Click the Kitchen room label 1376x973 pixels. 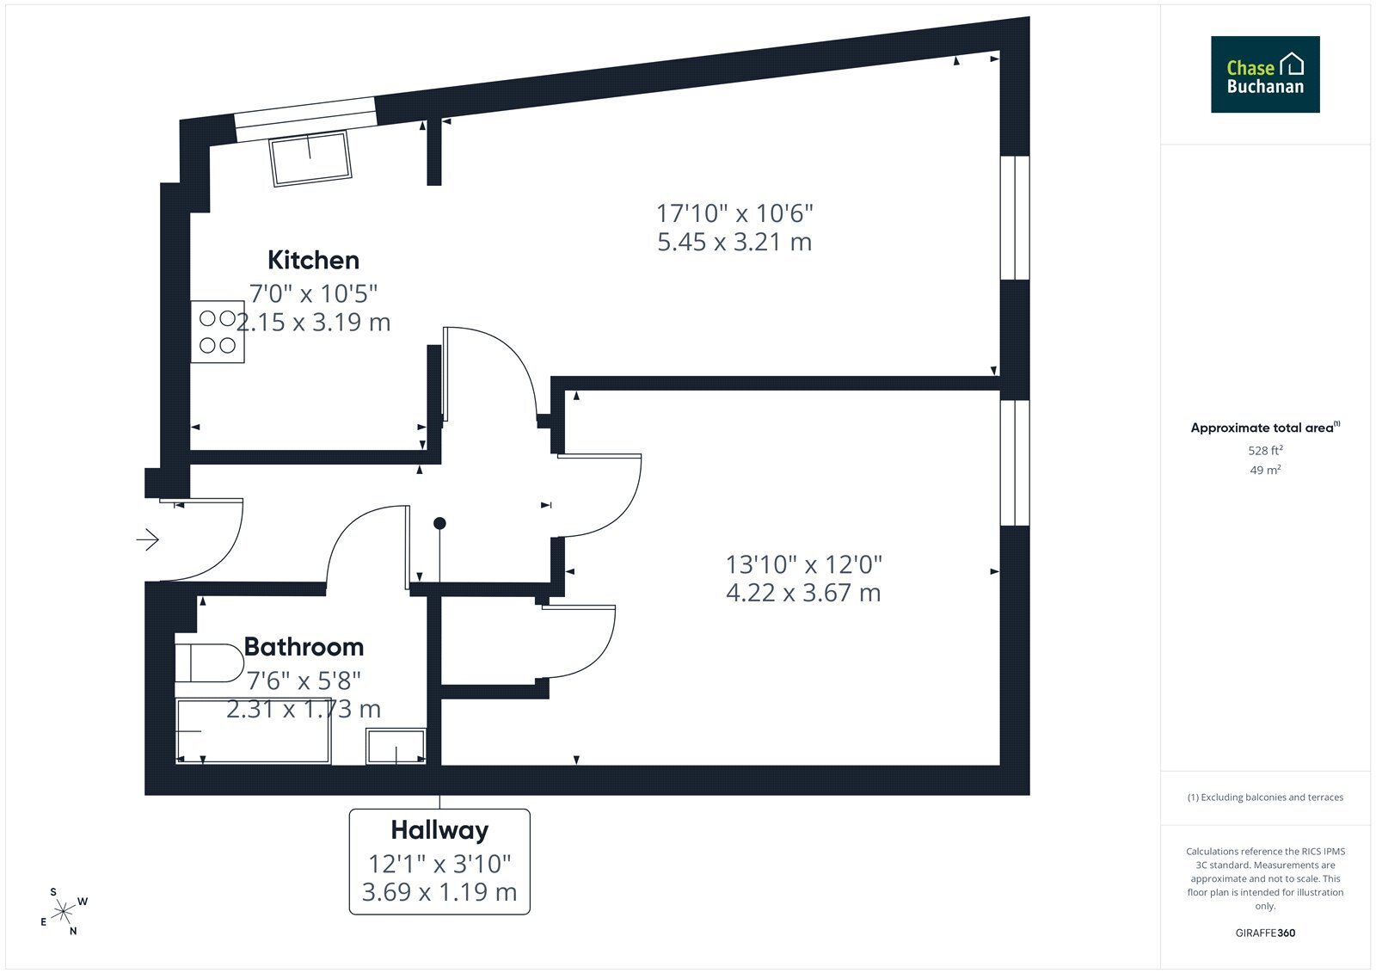tap(313, 261)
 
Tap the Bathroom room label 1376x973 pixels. tap(304, 647)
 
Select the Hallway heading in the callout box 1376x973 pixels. tap(439, 830)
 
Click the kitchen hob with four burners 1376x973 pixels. tap(218, 332)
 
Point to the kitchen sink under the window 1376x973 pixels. tap(310, 157)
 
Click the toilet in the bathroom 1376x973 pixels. tap(209, 663)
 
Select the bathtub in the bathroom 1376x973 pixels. tap(254, 731)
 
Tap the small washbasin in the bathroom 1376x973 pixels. tap(396, 746)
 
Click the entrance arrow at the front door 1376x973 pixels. tap(147, 539)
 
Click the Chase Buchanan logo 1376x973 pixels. tap(1265, 74)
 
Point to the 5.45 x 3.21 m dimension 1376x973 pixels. tap(734, 242)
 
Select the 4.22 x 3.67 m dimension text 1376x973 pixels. tap(803, 593)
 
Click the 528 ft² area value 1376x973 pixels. tap(1265, 451)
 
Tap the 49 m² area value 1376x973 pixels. tap(1265, 471)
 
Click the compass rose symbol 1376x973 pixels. tap(64, 912)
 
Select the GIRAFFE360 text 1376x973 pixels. tap(1265, 933)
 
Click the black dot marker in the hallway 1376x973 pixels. tap(439, 524)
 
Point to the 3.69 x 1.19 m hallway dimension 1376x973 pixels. tap(439, 892)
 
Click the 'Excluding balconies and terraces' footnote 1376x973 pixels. tap(1265, 797)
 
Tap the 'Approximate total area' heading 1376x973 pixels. tap(1262, 428)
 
